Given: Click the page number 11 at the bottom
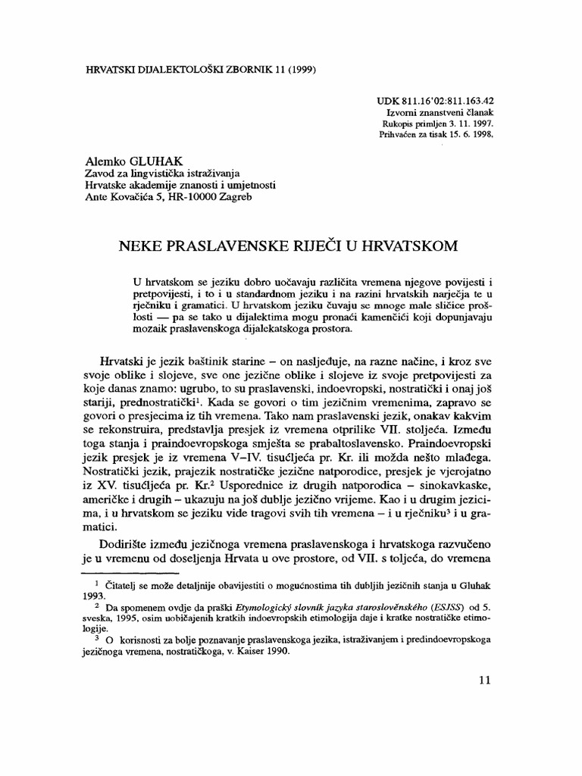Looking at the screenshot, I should (486, 680).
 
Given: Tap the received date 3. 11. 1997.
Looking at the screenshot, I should (464, 123).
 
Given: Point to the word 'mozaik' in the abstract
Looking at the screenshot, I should (151, 330).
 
